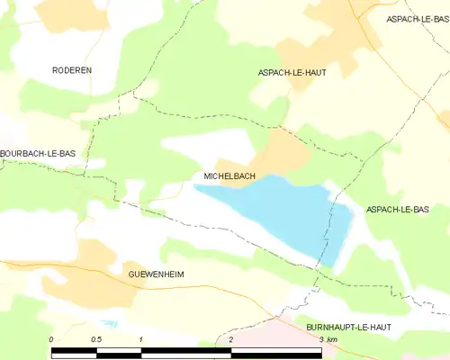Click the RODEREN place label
pos(72,69)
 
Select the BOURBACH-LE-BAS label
pos(38,154)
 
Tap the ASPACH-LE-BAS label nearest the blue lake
pos(397,209)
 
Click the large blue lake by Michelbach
pos(288,211)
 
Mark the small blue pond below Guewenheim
pos(110,323)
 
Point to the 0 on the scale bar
pos(51,339)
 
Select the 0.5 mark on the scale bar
pos(96,339)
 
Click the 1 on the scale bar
pos(141,339)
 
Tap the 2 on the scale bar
pos(231,339)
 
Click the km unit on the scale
pos(333,339)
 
